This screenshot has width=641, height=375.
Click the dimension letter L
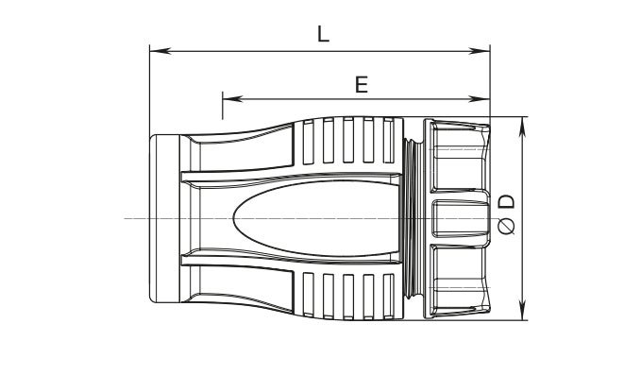pos(323,34)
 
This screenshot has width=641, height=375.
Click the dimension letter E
pos(362,85)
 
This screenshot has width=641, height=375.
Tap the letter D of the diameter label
pos(507,202)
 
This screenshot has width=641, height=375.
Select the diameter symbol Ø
pos(507,226)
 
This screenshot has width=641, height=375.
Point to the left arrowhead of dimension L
pos(160,51)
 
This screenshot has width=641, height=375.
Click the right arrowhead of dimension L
pos(480,51)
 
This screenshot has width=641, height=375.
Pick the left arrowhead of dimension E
pos(233,98)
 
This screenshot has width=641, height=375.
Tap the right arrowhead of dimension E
pos(480,98)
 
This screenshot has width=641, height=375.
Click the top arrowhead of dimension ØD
pos(522,127)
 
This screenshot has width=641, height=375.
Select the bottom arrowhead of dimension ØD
pos(522,310)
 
